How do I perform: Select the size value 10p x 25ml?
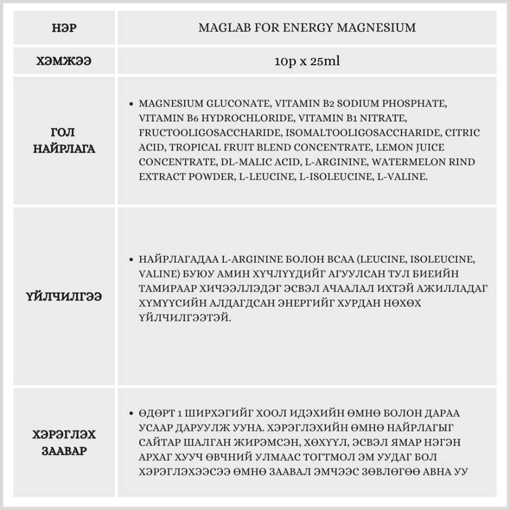(x=307, y=62)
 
